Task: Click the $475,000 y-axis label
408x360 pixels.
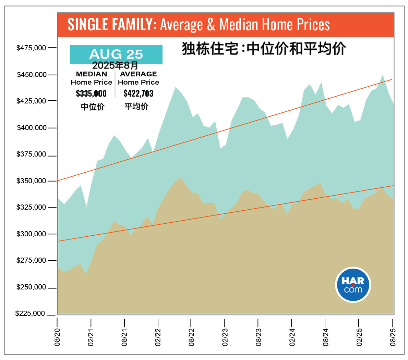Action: click(x=31, y=48)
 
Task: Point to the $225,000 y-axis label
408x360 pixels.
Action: click(x=30, y=314)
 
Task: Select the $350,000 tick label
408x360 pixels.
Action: click(x=31, y=181)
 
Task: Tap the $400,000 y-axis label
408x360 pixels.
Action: click(x=32, y=128)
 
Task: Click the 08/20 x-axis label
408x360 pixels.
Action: click(x=57, y=337)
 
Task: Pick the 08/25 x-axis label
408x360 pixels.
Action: click(x=393, y=337)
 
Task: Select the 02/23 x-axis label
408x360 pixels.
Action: click(x=225, y=337)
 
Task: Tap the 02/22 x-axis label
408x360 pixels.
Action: click(x=158, y=337)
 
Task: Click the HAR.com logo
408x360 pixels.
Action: click(x=353, y=285)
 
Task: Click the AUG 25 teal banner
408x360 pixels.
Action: click(x=116, y=54)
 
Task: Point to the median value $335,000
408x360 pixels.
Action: click(x=91, y=94)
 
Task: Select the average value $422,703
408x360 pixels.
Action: click(x=139, y=94)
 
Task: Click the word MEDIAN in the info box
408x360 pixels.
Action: click(x=92, y=74)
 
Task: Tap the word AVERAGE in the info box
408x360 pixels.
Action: click(x=139, y=74)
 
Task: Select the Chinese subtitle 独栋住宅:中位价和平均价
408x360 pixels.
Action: click(x=264, y=49)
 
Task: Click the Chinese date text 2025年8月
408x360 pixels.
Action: click(x=115, y=65)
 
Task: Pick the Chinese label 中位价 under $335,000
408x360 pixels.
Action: click(x=93, y=107)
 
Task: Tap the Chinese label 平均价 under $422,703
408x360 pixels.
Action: click(x=136, y=107)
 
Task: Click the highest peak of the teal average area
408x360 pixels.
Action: click(x=383, y=75)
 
